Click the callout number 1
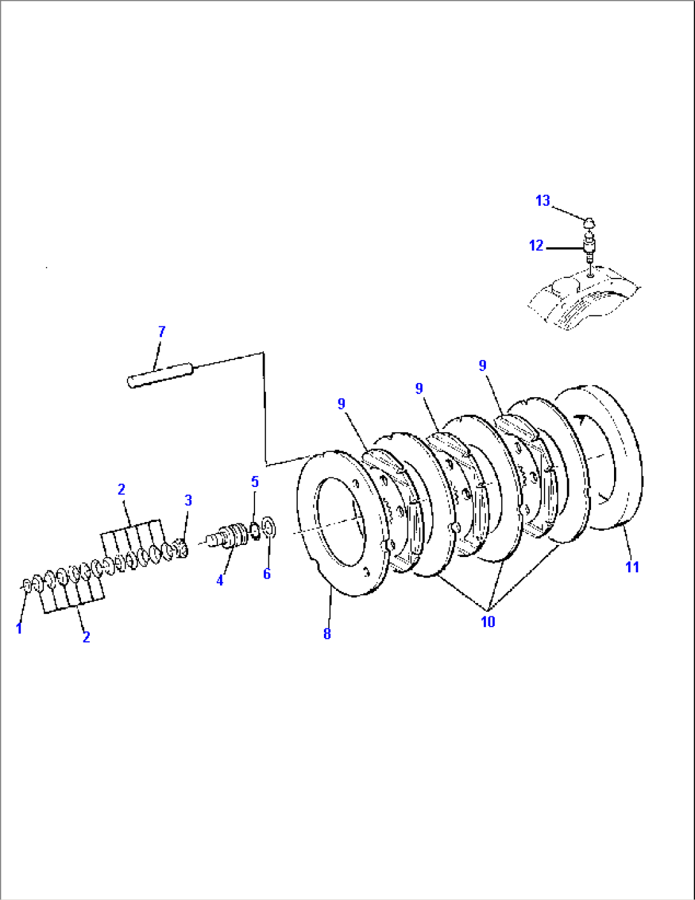pyautogui.click(x=19, y=628)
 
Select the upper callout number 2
pyautogui.click(x=121, y=490)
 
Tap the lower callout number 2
pyautogui.click(x=86, y=636)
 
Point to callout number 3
pyautogui.click(x=188, y=500)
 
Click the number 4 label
pyautogui.click(x=220, y=581)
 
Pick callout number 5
pyautogui.click(x=255, y=482)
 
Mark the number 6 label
pyautogui.click(x=267, y=574)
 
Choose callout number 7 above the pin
pyautogui.click(x=162, y=332)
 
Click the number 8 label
pyautogui.click(x=327, y=634)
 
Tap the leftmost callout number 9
pyautogui.click(x=342, y=404)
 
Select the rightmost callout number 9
pyautogui.click(x=483, y=366)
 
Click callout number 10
pyautogui.click(x=488, y=621)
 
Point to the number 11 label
pyautogui.click(x=632, y=567)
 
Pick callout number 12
pyautogui.click(x=536, y=245)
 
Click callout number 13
pyautogui.click(x=543, y=201)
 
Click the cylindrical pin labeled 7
pyautogui.click(x=160, y=375)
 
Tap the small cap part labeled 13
pyautogui.click(x=590, y=223)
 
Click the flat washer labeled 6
pyautogui.click(x=268, y=528)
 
